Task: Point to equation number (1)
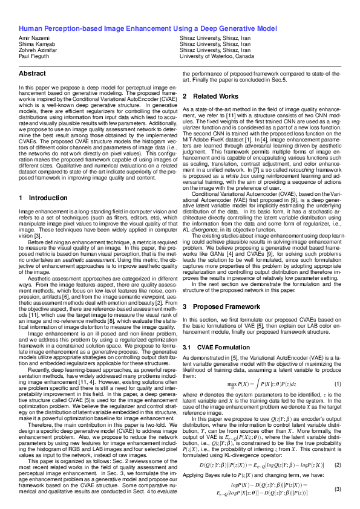[338, 384]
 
